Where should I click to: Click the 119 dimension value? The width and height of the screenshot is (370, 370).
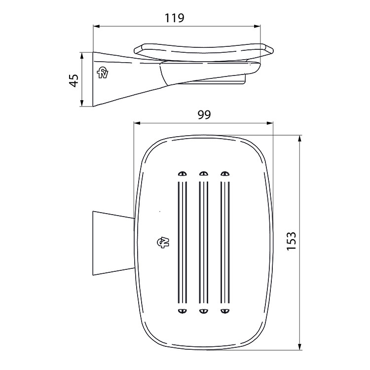[174, 18]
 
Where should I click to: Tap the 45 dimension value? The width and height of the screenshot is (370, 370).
[74, 81]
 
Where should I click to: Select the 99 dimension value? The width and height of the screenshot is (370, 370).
[204, 114]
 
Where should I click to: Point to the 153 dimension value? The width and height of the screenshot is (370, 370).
[291, 241]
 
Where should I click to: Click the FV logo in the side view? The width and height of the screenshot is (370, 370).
[103, 73]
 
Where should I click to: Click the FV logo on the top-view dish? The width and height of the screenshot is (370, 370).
[163, 242]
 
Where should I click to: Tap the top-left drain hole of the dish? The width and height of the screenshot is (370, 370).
[182, 174]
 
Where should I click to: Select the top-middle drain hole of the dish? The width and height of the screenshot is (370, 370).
[204, 174]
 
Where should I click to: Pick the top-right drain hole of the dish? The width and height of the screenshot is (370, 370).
[225, 174]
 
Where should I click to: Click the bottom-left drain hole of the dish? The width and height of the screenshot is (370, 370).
[182, 311]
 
